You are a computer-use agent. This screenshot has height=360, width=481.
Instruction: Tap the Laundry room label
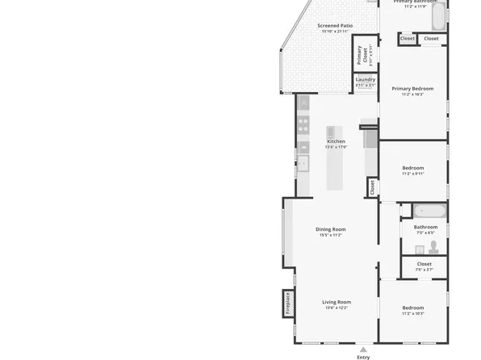click(x=365, y=79)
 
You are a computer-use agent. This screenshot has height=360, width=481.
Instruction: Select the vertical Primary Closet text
click(x=360, y=55)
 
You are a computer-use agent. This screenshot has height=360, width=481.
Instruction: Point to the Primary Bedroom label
click(x=412, y=88)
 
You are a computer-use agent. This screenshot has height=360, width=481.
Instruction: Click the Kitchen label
click(x=336, y=141)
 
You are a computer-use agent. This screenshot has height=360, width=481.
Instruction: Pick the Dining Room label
click(x=330, y=229)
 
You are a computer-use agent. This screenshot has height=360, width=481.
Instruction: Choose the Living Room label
click(x=337, y=302)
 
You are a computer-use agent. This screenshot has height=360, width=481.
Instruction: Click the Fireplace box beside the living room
click(x=287, y=303)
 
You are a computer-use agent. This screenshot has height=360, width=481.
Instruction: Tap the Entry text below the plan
click(x=363, y=356)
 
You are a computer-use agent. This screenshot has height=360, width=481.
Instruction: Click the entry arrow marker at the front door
click(x=363, y=348)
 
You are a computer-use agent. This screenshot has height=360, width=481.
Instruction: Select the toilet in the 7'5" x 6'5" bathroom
click(x=433, y=246)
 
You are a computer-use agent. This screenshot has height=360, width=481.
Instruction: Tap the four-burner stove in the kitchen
click(x=303, y=124)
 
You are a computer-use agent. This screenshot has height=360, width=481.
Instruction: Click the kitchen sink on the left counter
click(x=303, y=164)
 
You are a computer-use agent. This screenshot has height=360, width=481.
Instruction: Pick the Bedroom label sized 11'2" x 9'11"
click(x=412, y=168)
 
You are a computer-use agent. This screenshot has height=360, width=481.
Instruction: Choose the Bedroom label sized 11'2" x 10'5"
click(x=412, y=308)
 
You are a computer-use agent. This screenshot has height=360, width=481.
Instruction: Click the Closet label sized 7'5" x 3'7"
click(x=424, y=264)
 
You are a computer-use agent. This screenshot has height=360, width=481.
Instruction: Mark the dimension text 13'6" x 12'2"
click(x=337, y=308)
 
